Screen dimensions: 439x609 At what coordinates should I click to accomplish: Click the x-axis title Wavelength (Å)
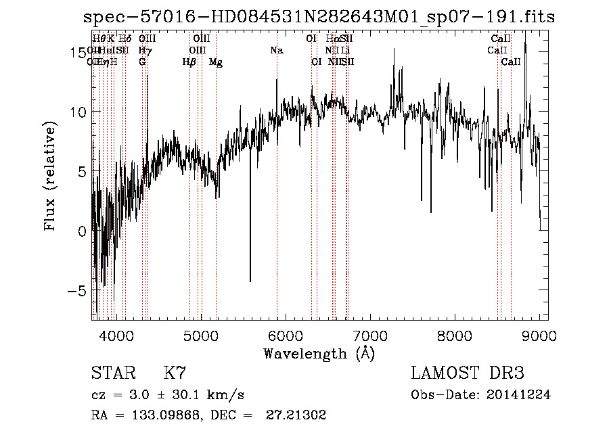(319, 353)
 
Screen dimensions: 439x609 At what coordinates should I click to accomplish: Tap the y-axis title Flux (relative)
(50, 177)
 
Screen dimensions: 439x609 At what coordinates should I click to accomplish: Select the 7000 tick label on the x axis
(370, 334)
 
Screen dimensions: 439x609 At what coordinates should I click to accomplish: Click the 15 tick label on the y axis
(77, 52)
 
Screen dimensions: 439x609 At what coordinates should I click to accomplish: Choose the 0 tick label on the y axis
(83, 231)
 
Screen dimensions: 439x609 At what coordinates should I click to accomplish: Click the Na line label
(276, 51)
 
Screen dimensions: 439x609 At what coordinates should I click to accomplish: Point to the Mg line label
(216, 62)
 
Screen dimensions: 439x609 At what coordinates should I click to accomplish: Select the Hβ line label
(189, 62)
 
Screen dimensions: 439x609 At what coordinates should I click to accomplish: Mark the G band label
(142, 62)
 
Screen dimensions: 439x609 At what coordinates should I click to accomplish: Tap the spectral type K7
(175, 373)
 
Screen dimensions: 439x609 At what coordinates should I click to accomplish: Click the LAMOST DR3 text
(468, 373)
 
